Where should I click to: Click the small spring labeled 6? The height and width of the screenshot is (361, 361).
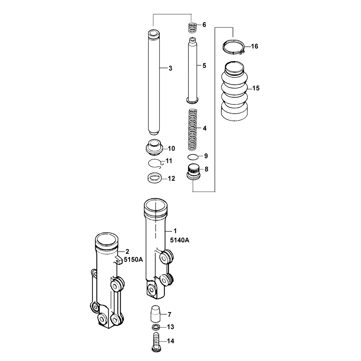(193, 28)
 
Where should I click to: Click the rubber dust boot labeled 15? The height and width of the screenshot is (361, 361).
(235, 91)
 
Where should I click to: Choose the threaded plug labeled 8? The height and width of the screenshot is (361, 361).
(193, 171)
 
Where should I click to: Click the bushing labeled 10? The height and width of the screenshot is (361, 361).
(154, 147)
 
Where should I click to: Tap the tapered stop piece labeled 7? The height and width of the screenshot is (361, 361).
(155, 314)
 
